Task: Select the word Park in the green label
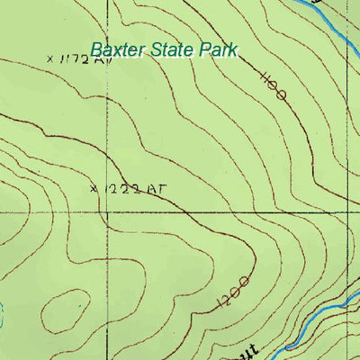click(219, 49)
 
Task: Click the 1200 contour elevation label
click(233, 294)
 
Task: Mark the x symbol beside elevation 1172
click(49, 59)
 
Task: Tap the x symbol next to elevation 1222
click(94, 189)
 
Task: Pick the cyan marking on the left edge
click(3, 315)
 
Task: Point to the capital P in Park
click(206, 49)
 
